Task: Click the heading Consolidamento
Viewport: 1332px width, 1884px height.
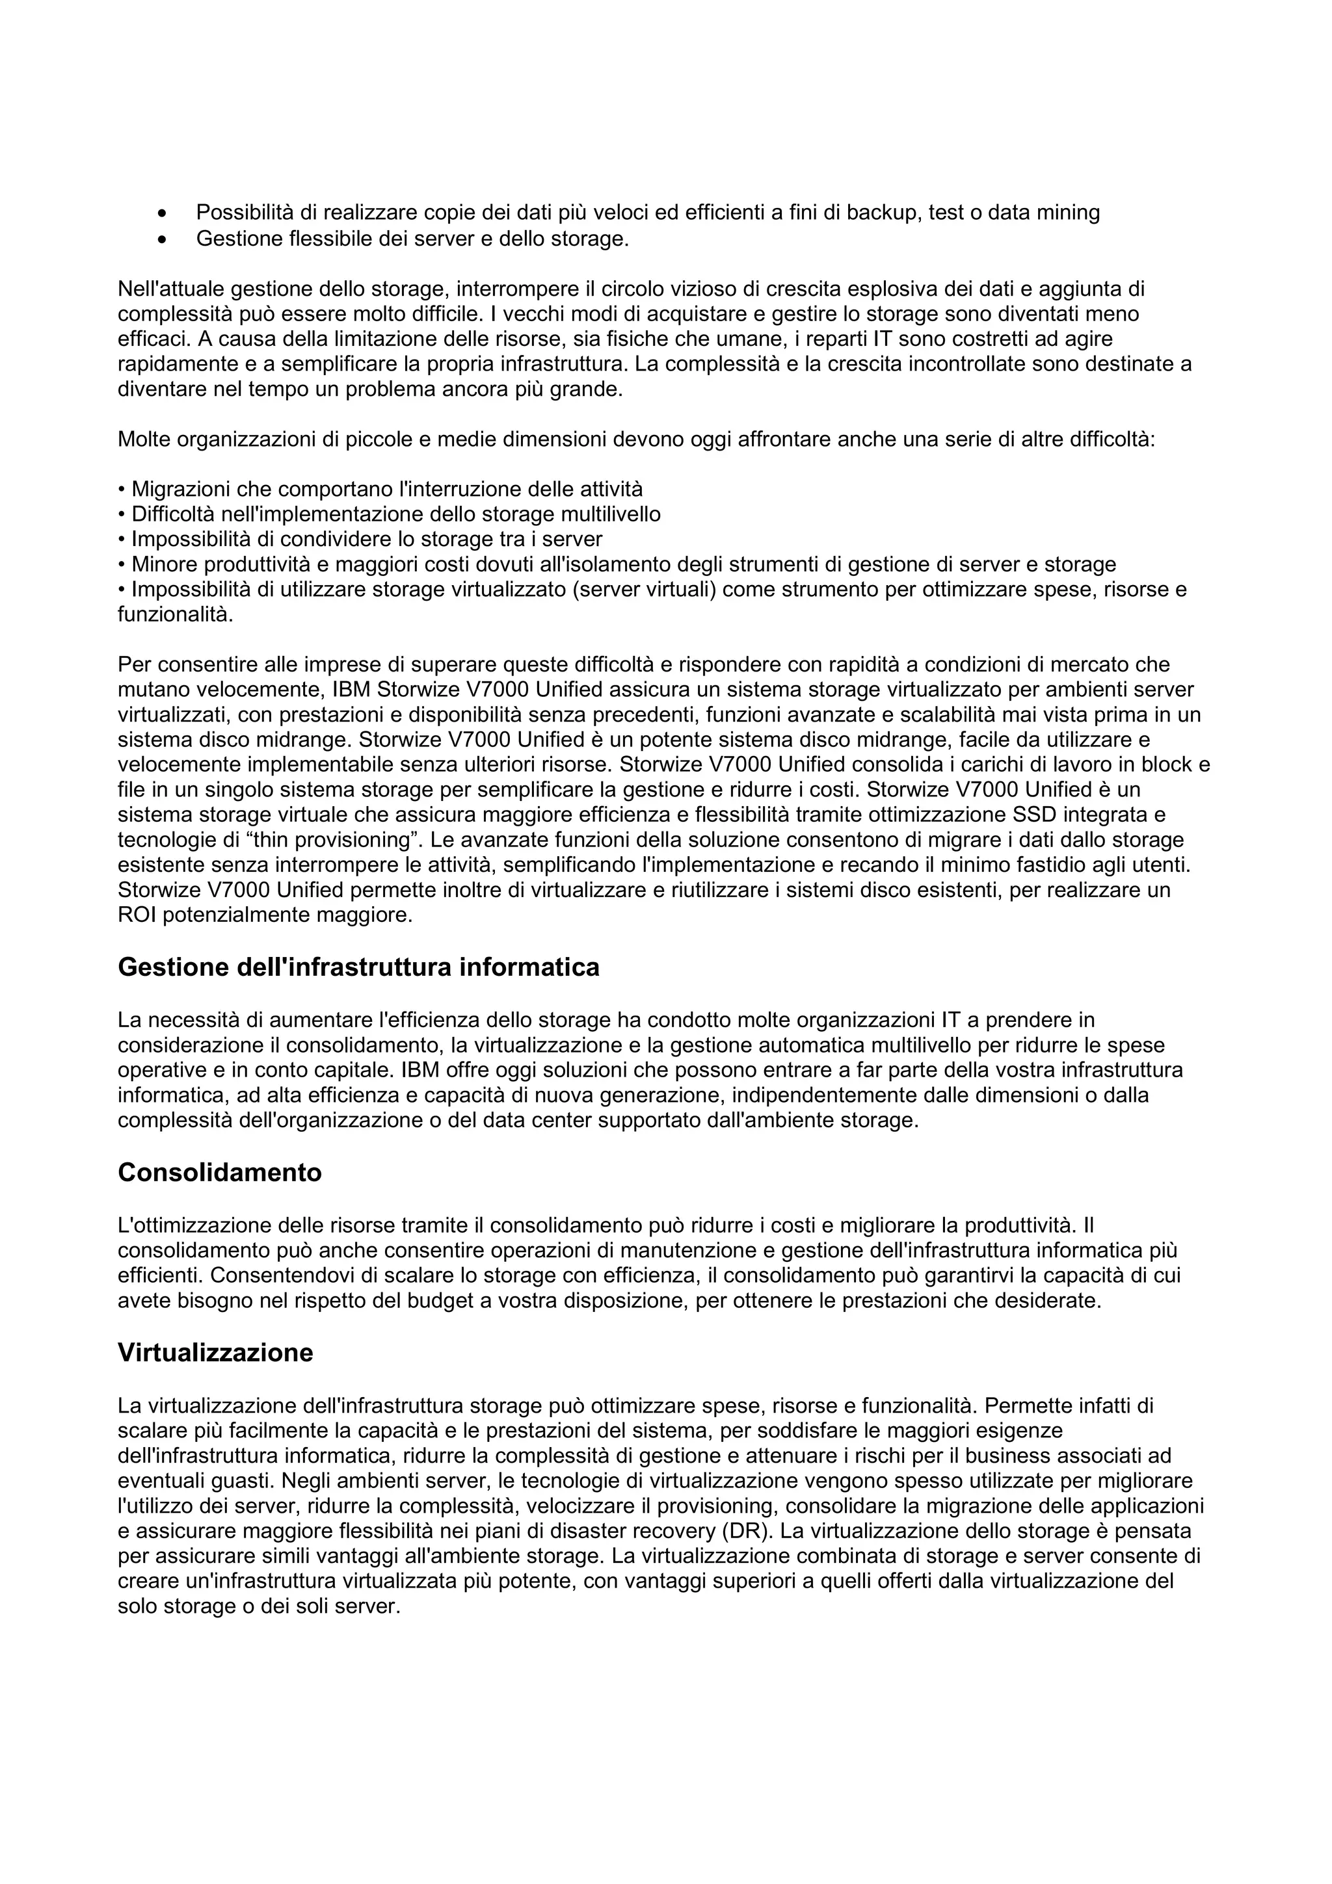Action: pos(219,1173)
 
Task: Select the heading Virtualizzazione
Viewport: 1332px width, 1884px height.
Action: pos(215,1352)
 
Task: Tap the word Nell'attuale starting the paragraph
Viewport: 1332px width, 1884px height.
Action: pos(170,289)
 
